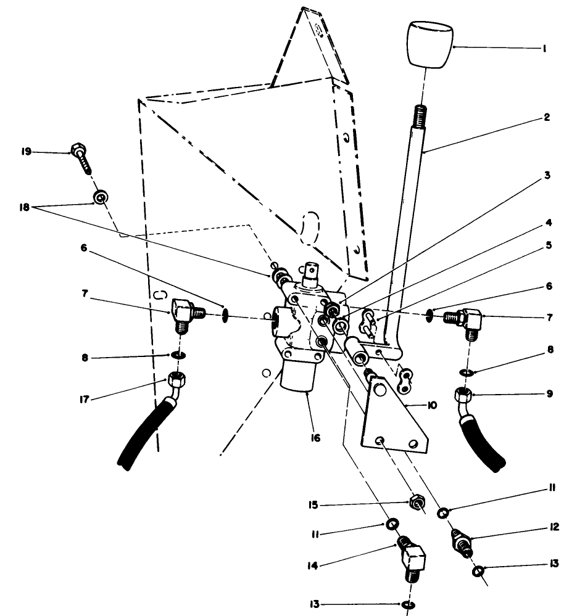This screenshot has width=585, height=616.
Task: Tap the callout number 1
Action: click(544, 47)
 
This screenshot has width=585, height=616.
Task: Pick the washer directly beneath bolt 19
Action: click(99, 198)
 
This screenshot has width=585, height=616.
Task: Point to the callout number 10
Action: click(431, 405)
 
